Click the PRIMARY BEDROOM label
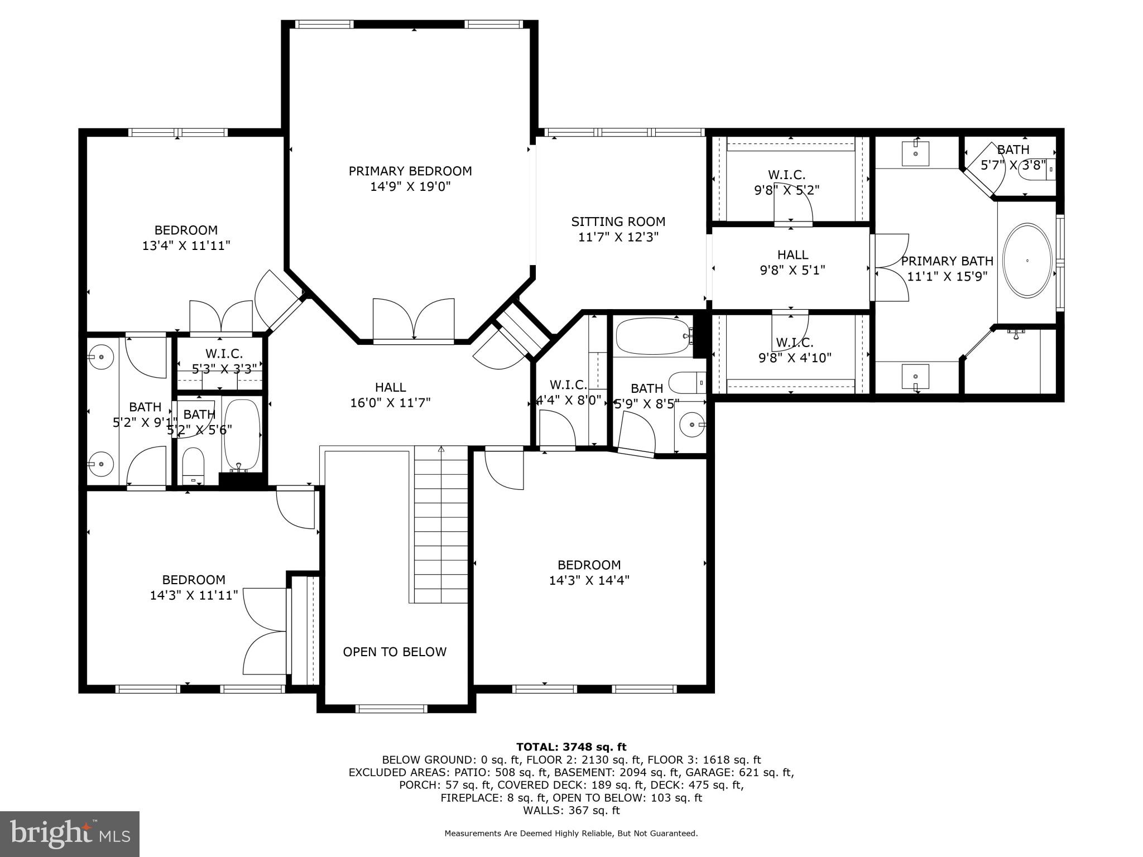[x=410, y=171]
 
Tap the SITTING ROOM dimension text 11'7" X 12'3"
[x=618, y=237]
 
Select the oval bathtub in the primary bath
[x=1027, y=261]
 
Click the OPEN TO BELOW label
[x=395, y=652]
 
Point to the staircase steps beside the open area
[x=441, y=524]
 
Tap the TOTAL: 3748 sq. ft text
[x=571, y=747]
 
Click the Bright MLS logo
[x=70, y=834]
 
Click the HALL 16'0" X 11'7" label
[x=390, y=394]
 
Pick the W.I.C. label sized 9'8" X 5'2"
[x=786, y=182]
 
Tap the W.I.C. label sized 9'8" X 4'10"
[x=795, y=350]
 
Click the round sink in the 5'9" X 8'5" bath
[x=692, y=425]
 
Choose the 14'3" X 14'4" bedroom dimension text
[x=589, y=580]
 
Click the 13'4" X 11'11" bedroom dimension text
[x=186, y=245]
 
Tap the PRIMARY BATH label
[x=947, y=261]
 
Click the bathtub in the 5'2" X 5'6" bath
[x=242, y=435]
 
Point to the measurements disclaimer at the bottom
[x=571, y=834]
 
